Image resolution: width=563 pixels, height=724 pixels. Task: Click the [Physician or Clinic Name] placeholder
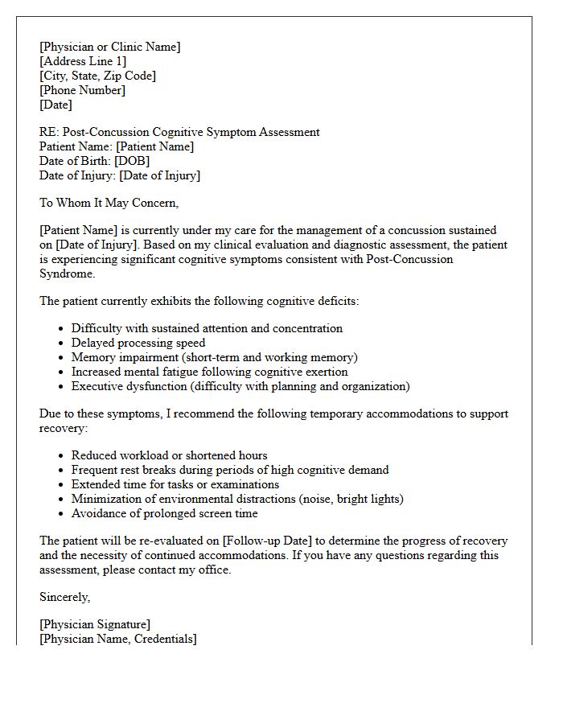pos(110,47)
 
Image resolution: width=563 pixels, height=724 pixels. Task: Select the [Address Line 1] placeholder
pos(83,61)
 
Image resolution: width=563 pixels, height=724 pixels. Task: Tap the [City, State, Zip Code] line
pos(97,76)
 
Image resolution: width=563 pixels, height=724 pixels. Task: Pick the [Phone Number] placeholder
pos(83,90)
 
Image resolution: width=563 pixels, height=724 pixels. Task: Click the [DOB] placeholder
pos(132,161)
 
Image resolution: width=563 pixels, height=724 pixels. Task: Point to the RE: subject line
pos(179,132)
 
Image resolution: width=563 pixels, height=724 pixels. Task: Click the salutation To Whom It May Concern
pos(109,203)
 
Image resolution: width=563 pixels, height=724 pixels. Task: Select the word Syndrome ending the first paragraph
pos(67,274)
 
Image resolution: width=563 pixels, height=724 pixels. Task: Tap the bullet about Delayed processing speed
pos(138,343)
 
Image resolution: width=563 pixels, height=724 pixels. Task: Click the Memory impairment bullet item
pos(214,357)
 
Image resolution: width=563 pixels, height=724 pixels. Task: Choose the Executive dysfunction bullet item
pos(240,386)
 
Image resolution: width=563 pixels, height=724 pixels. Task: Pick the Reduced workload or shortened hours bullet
pos(169,455)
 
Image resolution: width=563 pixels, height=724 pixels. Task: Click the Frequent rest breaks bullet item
pos(230,470)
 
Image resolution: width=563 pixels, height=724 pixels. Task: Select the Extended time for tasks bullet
pos(175,484)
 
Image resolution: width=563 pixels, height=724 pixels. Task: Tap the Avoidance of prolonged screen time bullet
pos(164,513)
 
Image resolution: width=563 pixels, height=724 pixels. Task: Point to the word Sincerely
pos(65,597)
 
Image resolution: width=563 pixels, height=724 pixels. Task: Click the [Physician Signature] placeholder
pos(95,624)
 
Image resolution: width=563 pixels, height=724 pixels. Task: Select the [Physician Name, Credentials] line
pos(118,639)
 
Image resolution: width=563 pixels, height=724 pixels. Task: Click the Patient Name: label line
pos(117,146)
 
